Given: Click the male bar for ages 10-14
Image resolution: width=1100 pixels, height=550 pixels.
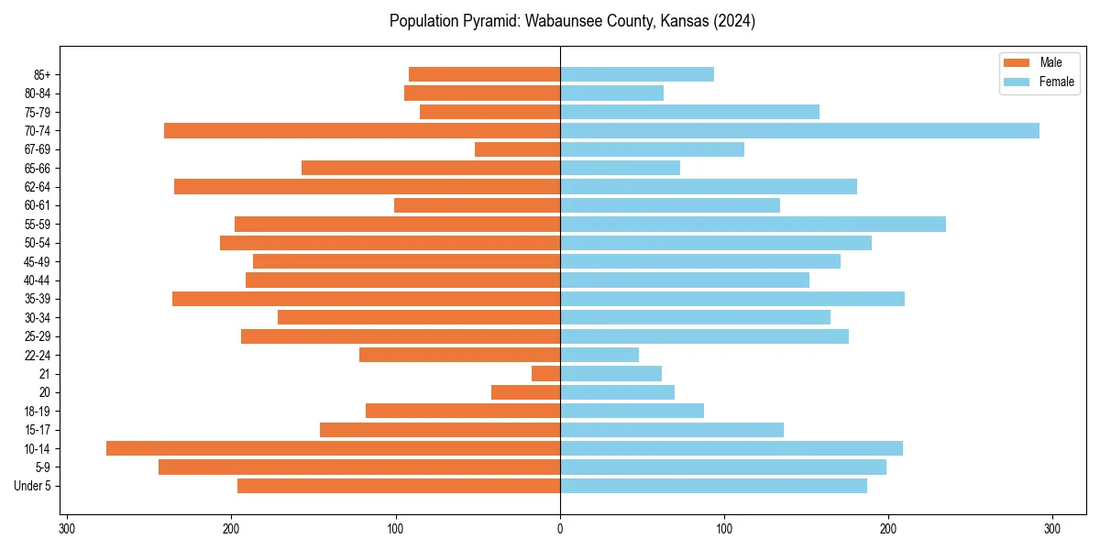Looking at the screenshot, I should (333, 448).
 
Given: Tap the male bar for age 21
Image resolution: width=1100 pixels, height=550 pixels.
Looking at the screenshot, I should (546, 373).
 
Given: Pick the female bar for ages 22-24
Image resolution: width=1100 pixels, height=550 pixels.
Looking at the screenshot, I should (599, 355).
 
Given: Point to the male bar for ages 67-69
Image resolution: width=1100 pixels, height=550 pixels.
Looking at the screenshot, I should (518, 149).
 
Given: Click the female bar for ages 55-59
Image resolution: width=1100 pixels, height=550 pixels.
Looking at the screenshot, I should (753, 224).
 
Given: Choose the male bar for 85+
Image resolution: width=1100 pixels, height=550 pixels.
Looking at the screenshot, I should (485, 74).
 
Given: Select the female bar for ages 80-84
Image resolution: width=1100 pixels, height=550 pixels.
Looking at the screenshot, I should (611, 93).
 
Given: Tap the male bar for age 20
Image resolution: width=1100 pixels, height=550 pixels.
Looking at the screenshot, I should (526, 392).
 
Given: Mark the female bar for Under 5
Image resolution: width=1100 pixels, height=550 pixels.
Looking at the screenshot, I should (713, 486).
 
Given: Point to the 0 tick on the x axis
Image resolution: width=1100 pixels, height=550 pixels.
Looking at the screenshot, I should (560, 528).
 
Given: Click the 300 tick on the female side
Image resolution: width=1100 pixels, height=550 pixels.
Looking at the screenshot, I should (1052, 528).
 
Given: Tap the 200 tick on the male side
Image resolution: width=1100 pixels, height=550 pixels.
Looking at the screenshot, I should (232, 528).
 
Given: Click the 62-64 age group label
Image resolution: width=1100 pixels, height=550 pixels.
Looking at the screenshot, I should (38, 186).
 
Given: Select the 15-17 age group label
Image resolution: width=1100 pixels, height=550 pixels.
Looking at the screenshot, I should (38, 430).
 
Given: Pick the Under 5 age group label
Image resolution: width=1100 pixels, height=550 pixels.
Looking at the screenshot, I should (33, 486).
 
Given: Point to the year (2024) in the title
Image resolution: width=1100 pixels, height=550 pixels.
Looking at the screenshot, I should (736, 21).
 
